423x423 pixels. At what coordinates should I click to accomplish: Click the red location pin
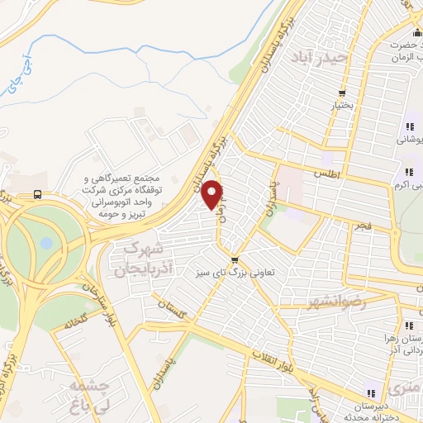coord(213,194)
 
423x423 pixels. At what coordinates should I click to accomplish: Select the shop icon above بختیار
coord(341,93)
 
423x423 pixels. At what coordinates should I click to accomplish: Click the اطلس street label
coord(326,172)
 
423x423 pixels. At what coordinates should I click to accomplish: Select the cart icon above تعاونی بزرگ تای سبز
coord(236,258)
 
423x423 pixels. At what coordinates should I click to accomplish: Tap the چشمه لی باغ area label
coord(90,396)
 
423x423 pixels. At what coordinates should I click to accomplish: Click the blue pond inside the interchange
coord(46,244)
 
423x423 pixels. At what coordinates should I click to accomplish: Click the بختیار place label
coord(341,106)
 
